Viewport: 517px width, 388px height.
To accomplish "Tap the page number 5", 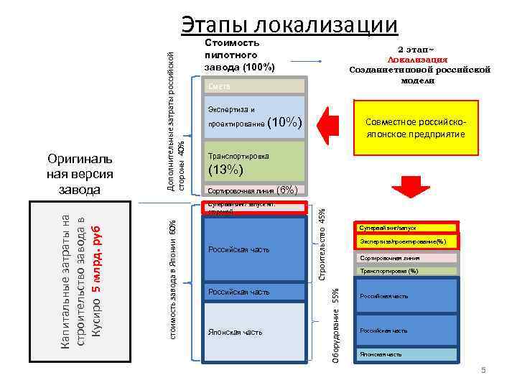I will click(x=483, y=370).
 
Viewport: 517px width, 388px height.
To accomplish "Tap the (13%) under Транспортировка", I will click(x=226, y=170).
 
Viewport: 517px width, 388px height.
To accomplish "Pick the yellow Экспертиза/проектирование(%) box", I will click(x=407, y=242).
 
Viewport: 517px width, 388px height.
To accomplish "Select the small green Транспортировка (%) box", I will click(x=407, y=271).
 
